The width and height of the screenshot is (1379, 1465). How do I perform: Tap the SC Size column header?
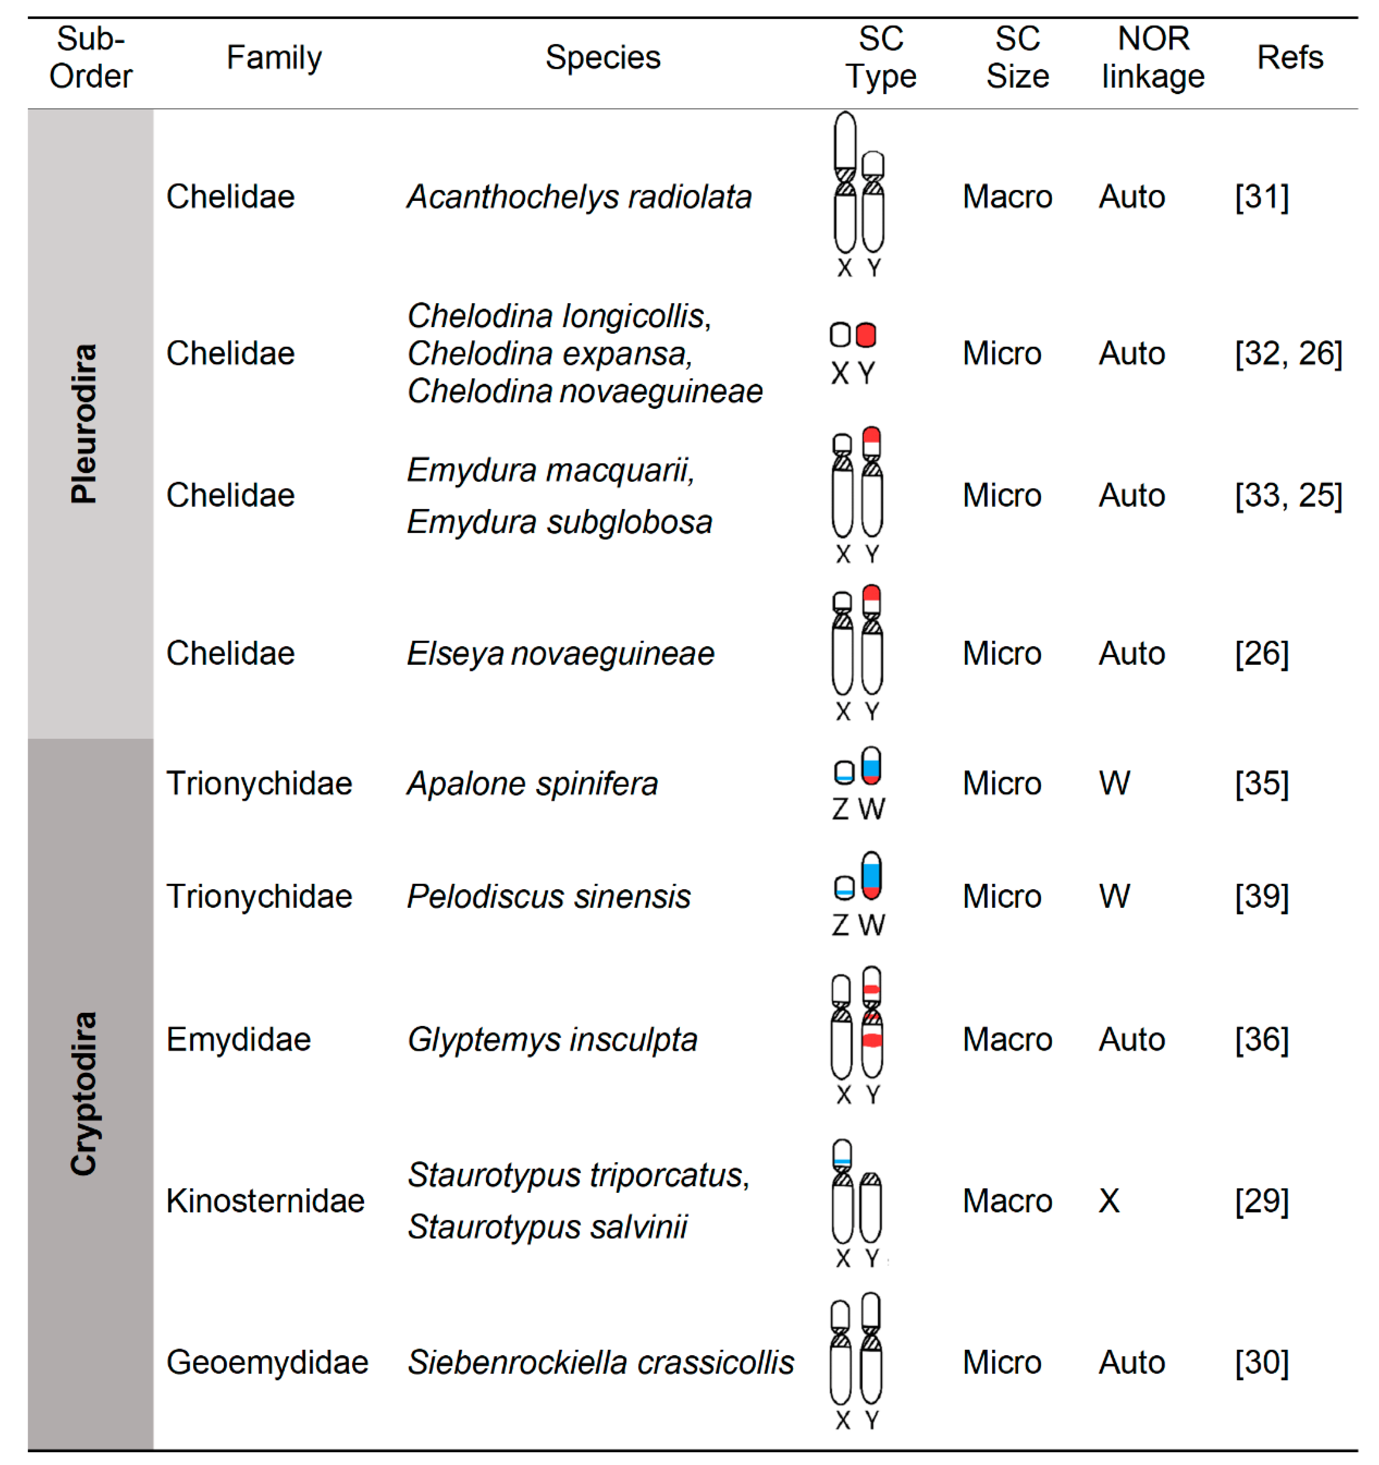1017,57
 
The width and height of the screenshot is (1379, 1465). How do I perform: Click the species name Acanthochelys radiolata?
579,197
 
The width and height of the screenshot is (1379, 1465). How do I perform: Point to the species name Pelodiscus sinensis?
549,896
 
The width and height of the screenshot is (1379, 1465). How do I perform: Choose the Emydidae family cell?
238,1039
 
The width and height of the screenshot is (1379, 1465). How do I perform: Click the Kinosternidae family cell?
265,1200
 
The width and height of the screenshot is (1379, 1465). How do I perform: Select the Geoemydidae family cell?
267,1362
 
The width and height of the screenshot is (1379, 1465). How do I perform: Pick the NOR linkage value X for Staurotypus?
1108,1200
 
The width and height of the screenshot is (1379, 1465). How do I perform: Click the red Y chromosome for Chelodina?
866,335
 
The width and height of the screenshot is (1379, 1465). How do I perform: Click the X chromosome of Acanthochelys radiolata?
844,183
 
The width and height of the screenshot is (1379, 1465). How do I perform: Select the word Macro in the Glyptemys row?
1007,1039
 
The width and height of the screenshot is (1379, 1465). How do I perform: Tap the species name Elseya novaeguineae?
560,654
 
